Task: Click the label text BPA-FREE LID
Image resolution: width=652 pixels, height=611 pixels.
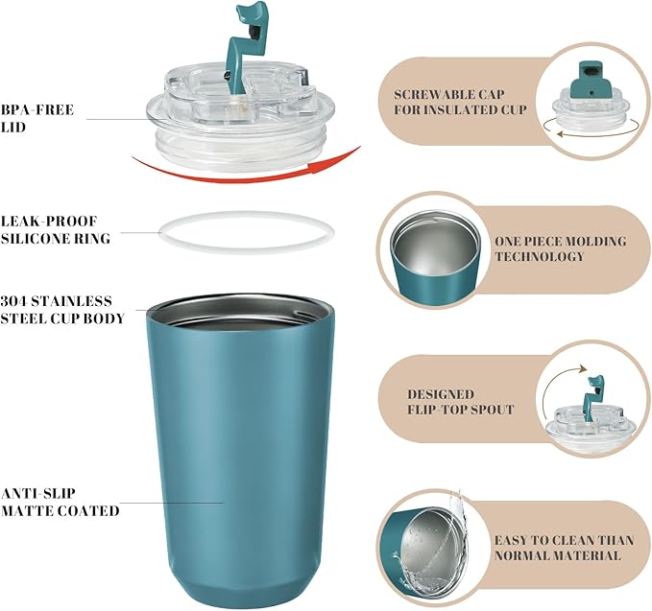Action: (37, 118)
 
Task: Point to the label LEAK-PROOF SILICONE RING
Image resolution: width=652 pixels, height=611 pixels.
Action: (55, 229)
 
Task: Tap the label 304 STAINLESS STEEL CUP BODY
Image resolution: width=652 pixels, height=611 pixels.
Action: (62, 310)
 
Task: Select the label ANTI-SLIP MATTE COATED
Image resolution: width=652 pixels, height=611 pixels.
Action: (60, 502)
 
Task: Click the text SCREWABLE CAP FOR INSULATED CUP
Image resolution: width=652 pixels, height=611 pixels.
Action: (460, 102)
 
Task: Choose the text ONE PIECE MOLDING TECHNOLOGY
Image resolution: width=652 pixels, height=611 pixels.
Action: (560, 248)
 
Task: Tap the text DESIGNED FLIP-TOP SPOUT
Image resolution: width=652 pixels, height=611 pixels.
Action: (460, 402)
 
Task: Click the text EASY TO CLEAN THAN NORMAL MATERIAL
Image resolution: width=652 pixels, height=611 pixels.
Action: (564, 548)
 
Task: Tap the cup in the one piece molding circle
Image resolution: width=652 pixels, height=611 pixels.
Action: (434, 258)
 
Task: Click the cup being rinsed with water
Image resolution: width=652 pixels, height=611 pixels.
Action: (423, 555)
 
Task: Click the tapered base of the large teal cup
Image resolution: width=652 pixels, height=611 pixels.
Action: (240, 586)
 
